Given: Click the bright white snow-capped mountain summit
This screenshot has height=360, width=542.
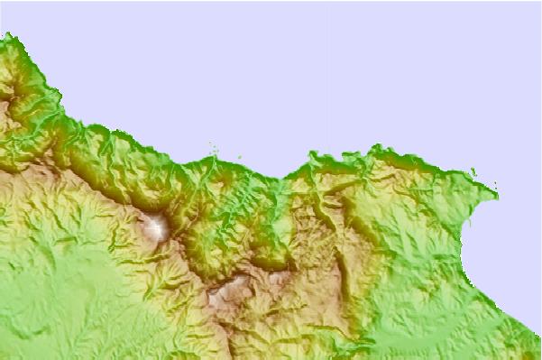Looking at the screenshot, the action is pyautogui.click(x=157, y=226).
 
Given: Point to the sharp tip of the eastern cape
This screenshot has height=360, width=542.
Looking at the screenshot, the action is pyautogui.click(x=495, y=189).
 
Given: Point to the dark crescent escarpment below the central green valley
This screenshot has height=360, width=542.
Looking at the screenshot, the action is pyautogui.click(x=271, y=264).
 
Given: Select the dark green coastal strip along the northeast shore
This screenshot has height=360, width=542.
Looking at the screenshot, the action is pyautogui.click(x=424, y=163).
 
